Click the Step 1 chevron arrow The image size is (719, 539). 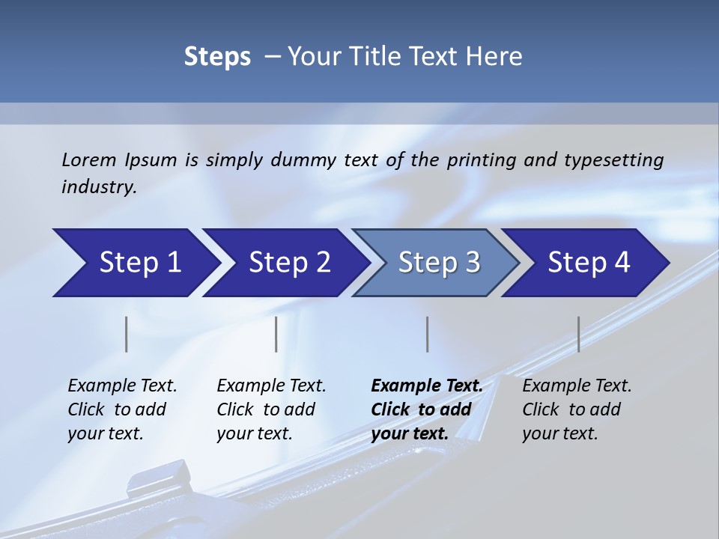pos(135,263)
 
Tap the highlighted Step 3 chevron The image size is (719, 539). pos(437,263)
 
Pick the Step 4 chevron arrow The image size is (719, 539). pos(587,263)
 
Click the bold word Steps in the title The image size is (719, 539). pos(217,57)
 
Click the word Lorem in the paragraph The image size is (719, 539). pos(88,159)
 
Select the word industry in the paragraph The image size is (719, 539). pos(98,187)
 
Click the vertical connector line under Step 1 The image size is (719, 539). pos(127,334)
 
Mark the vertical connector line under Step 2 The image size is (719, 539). pos(276,334)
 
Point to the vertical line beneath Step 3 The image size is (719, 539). pos(428,334)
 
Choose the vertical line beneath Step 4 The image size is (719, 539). pos(578,334)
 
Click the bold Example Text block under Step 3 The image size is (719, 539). pos(427,409)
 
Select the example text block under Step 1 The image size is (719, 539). pos(122,409)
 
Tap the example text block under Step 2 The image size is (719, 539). pos(271,409)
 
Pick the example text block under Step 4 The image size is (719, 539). pos(577,409)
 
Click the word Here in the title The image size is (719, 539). pos(495,57)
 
